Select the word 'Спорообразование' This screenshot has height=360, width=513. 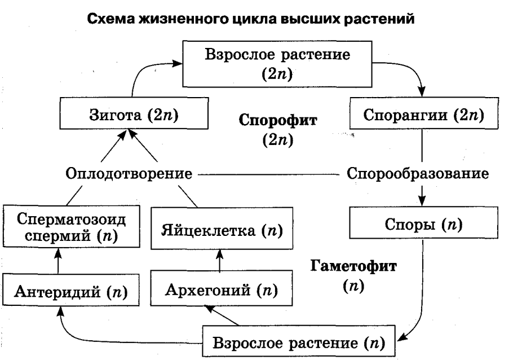point(418,173)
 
